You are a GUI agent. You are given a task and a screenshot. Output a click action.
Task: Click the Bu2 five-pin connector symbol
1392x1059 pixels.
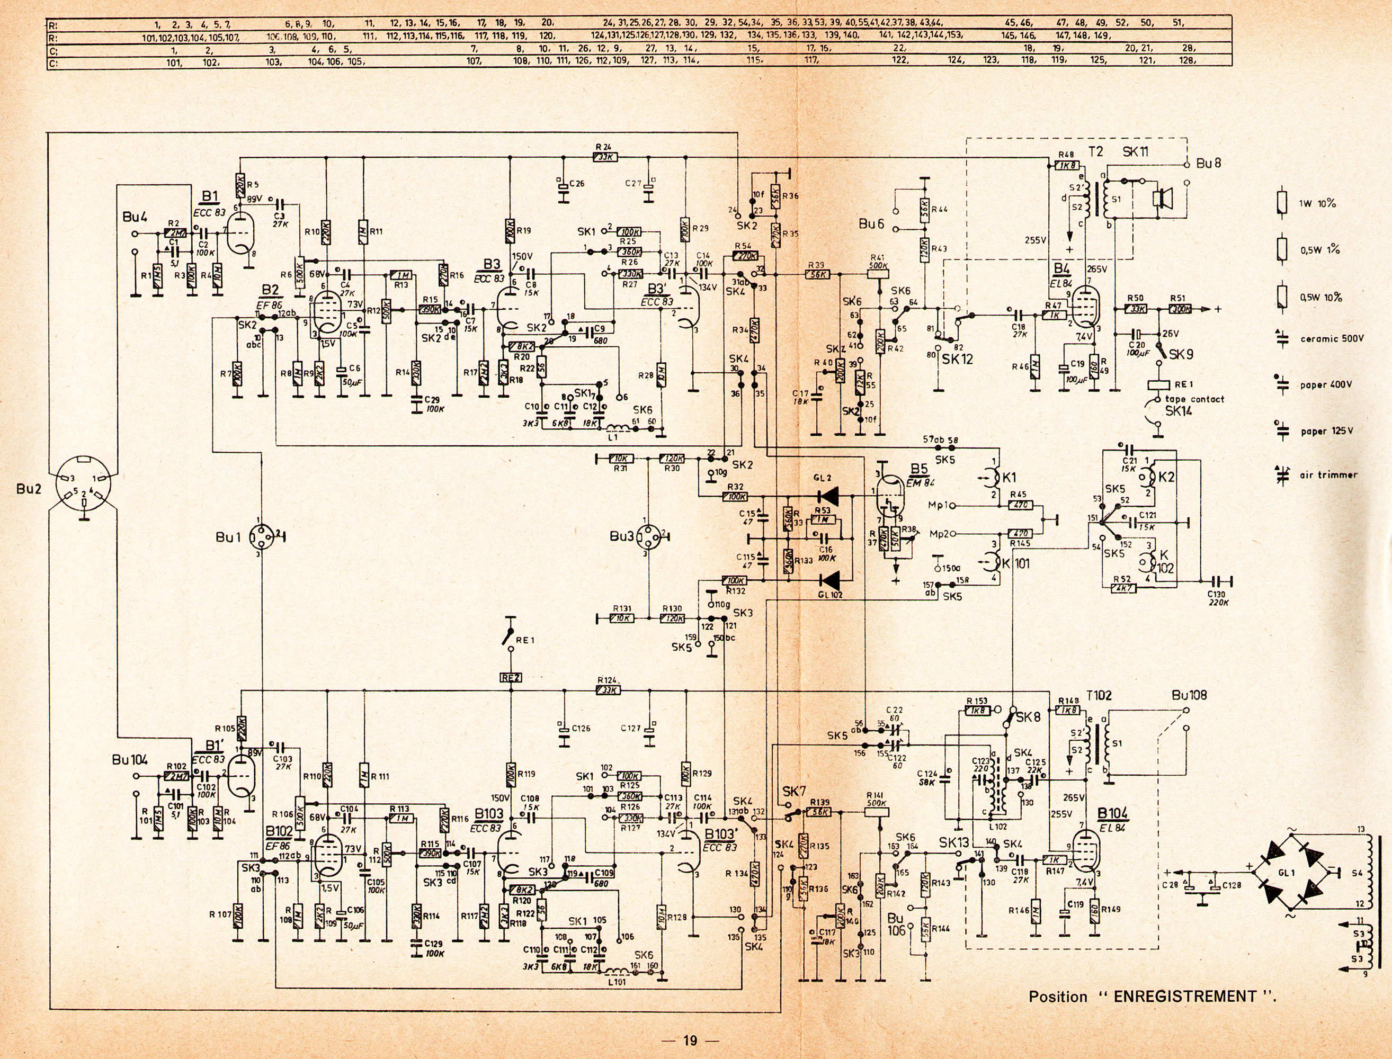[83, 489]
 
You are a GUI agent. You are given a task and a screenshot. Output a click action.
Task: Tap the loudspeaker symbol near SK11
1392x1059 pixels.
[1157, 198]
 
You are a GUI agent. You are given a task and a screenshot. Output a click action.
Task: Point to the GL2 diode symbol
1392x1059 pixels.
[827, 497]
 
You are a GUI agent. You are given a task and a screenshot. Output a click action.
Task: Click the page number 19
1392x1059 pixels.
[690, 1040]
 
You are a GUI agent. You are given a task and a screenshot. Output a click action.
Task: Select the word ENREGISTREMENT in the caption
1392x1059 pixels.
[1185, 997]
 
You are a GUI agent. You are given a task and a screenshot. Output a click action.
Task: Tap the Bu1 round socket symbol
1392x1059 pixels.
[260, 537]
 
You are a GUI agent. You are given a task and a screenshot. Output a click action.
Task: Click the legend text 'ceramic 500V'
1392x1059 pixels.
[1332, 339]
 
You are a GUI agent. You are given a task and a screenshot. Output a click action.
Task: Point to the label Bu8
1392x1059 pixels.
[1209, 163]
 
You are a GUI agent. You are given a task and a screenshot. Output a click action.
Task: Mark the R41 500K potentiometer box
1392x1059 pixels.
[878, 274]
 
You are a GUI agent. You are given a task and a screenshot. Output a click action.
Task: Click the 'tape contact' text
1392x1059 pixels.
[1194, 399]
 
